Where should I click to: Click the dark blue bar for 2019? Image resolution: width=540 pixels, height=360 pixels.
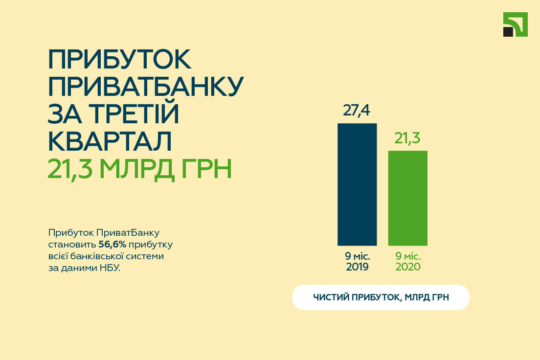(x=357, y=184)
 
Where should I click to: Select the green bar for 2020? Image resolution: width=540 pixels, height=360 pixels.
(x=408, y=198)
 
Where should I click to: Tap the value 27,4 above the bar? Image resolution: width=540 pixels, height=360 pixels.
(x=357, y=111)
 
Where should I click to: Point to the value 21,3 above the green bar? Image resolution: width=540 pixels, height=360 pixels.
(x=407, y=138)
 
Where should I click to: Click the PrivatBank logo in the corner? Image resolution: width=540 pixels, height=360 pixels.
(x=515, y=24)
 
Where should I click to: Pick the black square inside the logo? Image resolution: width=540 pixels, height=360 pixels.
(x=508, y=32)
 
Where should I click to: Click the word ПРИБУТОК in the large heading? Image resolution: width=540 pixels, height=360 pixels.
(x=119, y=59)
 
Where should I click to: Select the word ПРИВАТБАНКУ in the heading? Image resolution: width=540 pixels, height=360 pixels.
(x=146, y=86)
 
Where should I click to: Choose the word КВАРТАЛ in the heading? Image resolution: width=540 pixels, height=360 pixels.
(x=110, y=141)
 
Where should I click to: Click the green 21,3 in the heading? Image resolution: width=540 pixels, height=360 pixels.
(x=70, y=169)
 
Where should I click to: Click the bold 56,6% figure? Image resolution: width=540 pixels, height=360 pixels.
(x=112, y=245)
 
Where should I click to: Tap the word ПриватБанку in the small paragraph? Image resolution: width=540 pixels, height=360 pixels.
(x=128, y=233)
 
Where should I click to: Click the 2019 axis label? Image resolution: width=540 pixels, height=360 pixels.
(x=357, y=267)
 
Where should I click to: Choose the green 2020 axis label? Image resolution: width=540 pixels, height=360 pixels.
(x=408, y=267)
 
